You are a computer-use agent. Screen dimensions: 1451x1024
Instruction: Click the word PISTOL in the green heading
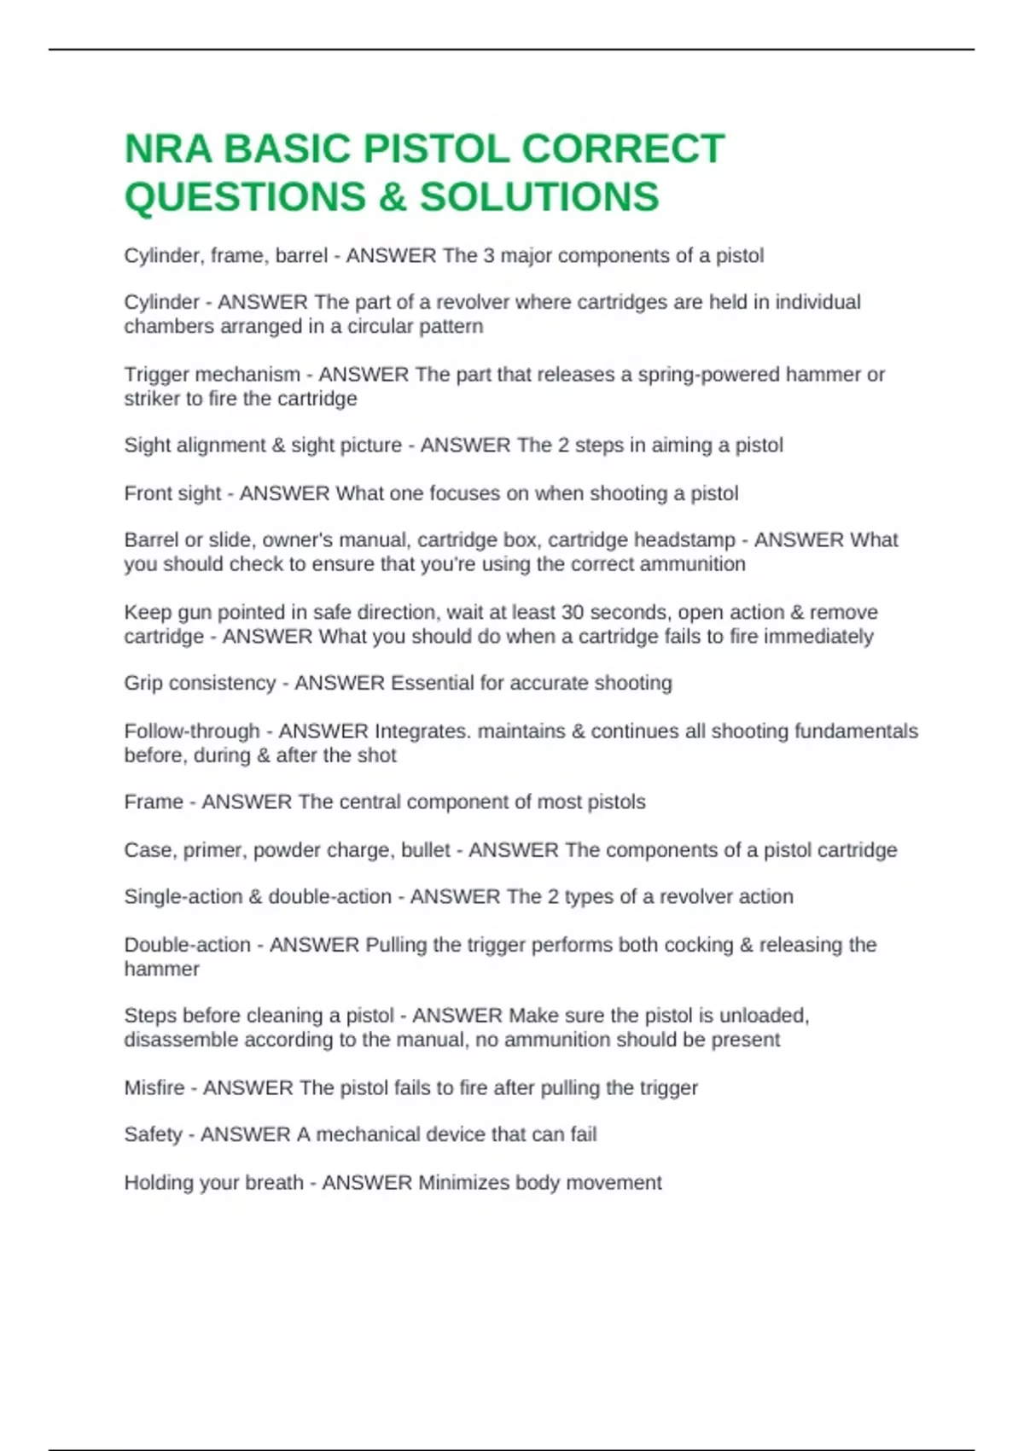click(436, 149)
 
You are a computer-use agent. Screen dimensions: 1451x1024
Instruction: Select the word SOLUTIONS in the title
click(539, 196)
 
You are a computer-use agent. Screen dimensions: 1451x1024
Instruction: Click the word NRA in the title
click(167, 149)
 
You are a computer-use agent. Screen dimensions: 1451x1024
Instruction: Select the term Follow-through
click(191, 731)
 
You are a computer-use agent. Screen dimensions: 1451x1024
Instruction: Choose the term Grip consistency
click(200, 683)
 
